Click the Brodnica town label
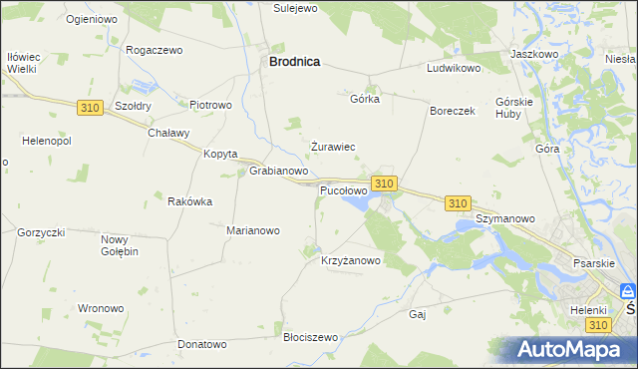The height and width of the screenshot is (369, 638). pyautogui.click(x=294, y=61)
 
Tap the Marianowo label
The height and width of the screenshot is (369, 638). pyautogui.click(x=253, y=230)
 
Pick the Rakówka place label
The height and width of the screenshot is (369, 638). pyautogui.click(x=189, y=201)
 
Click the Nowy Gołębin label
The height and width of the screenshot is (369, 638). pyautogui.click(x=120, y=245)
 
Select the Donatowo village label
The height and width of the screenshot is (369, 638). pyautogui.click(x=202, y=344)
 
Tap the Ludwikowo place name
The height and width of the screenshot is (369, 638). pyautogui.click(x=454, y=69)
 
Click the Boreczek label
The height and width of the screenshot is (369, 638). pyautogui.click(x=453, y=112)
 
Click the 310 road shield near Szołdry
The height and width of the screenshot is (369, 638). pyautogui.click(x=89, y=107)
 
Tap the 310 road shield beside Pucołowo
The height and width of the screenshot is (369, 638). pyautogui.click(x=385, y=184)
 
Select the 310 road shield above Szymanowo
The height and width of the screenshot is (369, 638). pyautogui.click(x=458, y=203)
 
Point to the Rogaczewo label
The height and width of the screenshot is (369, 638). pyautogui.click(x=154, y=50)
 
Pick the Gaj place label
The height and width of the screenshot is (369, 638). pyautogui.click(x=418, y=314)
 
